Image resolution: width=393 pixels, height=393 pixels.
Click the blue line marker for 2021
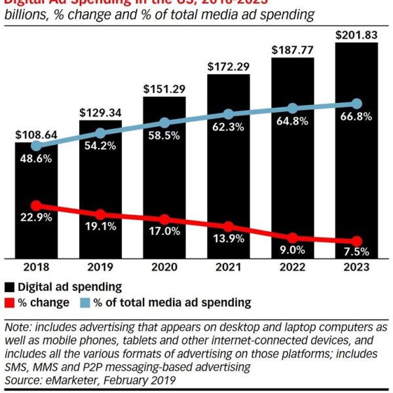[229, 115]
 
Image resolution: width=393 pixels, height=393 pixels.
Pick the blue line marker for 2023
[357, 103]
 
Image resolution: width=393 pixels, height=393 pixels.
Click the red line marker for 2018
[36, 206]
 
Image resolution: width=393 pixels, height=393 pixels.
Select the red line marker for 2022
[293, 238]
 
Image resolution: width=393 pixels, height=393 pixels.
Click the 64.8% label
[293, 121]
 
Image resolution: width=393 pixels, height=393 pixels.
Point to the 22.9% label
[36, 218]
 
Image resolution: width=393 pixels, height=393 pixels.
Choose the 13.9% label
[229, 238]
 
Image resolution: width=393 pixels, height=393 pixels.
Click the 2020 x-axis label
[164, 267]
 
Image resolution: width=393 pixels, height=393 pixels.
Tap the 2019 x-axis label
[100, 267]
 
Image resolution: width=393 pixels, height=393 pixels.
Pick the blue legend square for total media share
[82, 303]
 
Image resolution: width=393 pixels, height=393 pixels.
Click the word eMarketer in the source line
[69, 380]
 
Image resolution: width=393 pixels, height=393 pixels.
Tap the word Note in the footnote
[17, 327]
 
